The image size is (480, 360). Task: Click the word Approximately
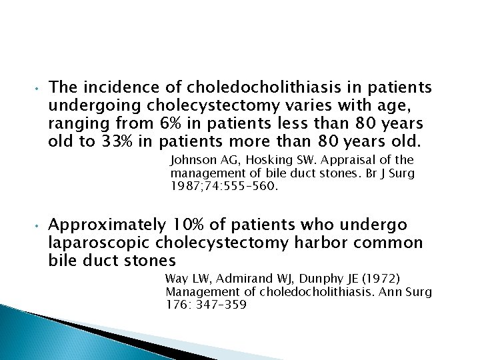tap(107, 224)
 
